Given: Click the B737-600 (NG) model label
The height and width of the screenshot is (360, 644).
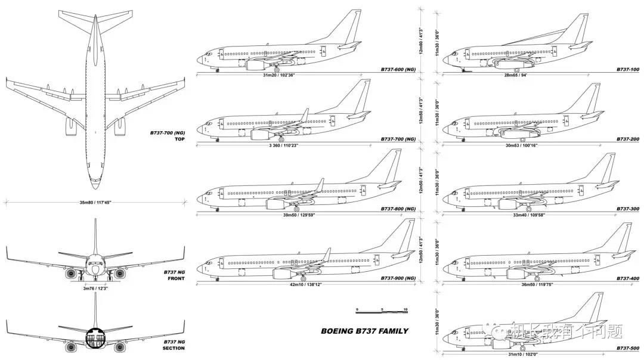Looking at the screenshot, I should pyautogui.click(x=398, y=70).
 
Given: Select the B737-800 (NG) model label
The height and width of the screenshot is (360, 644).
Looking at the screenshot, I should pyautogui.click(x=398, y=209).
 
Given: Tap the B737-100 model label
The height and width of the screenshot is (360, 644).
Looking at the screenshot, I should pyautogui.click(x=627, y=70).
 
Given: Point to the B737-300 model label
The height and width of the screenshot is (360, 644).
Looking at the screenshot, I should pyautogui.click(x=627, y=209).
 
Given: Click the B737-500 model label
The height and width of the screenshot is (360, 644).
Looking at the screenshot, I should pyautogui.click(x=627, y=348).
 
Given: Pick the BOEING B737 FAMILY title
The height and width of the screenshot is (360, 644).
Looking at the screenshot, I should pyautogui.click(x=364, y=331).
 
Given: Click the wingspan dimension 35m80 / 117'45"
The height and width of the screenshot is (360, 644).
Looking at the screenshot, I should pyautogui.click(x=95, y=203).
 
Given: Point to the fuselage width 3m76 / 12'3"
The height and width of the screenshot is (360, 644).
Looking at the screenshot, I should pyautogui.click(x=95, y=288).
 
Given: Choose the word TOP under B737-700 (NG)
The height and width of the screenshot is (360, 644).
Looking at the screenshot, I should pyautogui.click(x=179, y=139).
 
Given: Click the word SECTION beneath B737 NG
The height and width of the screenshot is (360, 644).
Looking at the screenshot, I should pyautogui.click(x=174, y=348).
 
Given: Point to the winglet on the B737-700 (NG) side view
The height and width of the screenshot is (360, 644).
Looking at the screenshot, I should pyautogui.click(x=305, y=114).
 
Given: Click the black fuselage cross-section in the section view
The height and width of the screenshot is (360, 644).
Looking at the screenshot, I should pyautogui.click(x=95, y=337).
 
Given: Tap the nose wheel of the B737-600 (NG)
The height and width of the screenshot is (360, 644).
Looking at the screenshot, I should pyautogui.click(x=216, y=70).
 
